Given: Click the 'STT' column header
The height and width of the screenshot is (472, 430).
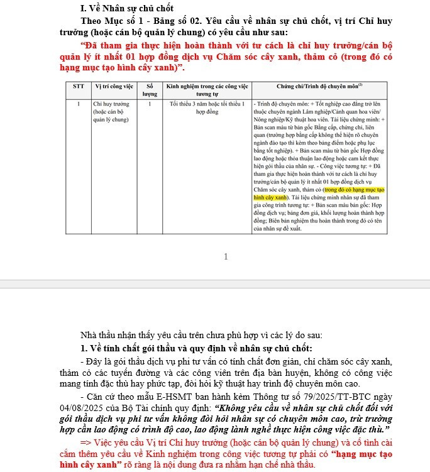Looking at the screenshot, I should (x=79, y=85).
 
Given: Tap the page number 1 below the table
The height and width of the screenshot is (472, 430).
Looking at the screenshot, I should (x=226, y=256).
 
